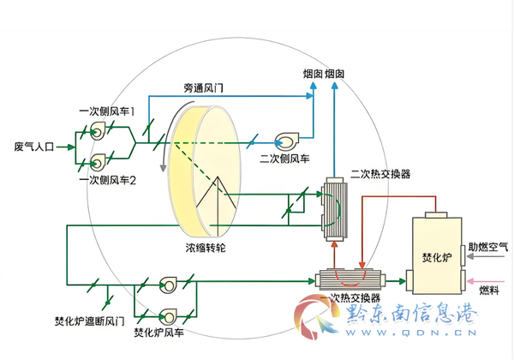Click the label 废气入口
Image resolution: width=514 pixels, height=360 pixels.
pyautogui.click(x=33, y=147)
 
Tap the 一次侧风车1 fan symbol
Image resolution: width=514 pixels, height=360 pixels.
pyautogui.click(x=98, y=131)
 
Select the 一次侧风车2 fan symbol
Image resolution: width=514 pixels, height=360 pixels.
pyautogui.click(x=98, y=162)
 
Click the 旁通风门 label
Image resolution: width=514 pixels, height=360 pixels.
pyautogui.click(x=203, y=88)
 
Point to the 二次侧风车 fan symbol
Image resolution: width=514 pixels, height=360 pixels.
pyautogui.click(x=287, y=141)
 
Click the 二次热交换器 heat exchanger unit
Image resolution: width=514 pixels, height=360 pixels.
pyautogui.click(x=334, y=209)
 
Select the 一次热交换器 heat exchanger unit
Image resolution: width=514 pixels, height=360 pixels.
pyautogui.click(x=350, y=279)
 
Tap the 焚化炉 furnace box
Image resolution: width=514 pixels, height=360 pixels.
pyautogui.click(x=437, y=253)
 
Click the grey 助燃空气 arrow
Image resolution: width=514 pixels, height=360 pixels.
pyautogui.click(x=485, y=256)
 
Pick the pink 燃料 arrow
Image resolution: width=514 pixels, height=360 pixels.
pyautogui.click(x=486, y=281)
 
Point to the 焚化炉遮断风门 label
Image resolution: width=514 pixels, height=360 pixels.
pyautogui.click(x=89, y=321)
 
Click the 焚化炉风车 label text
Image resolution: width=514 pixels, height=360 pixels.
pyautogui.click(x=159, y=333)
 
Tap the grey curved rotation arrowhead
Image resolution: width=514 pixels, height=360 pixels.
pyautogui.click(x=163, y=168)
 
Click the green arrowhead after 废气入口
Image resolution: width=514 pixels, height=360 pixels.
pyautogui.click(x=71, y=147)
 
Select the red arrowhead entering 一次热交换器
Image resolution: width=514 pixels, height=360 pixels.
pyautogui.click(x=362, y=265)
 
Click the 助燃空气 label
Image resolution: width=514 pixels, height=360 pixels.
pyautogui.click(x=488, y=247)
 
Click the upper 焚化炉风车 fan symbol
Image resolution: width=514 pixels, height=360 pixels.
pyautogui.click(x=168, y=285)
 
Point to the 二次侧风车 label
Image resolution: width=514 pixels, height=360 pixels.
pyautogui.click(x=284, y=159)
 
